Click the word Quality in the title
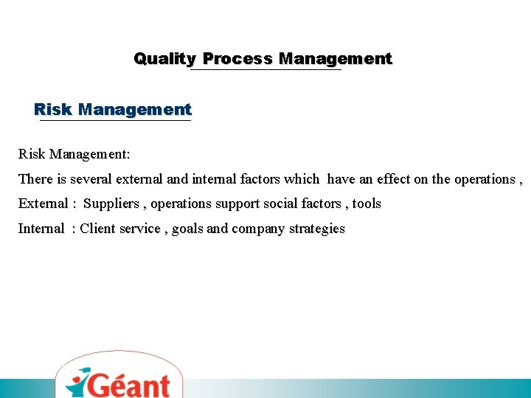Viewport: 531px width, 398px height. [164, 59]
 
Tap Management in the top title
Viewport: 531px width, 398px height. [336, 59]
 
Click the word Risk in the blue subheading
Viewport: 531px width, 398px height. [53, 110]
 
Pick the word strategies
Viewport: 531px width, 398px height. [317, 228]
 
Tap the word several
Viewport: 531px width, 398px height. [91, 179]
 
